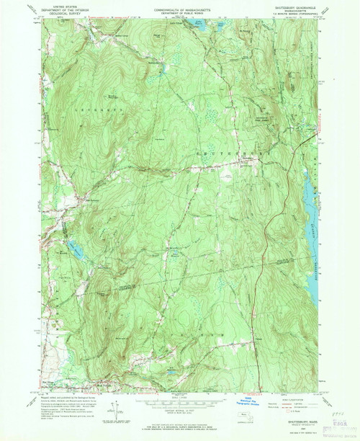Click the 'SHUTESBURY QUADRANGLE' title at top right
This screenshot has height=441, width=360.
pyautogui.click(x=292, y=6)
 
